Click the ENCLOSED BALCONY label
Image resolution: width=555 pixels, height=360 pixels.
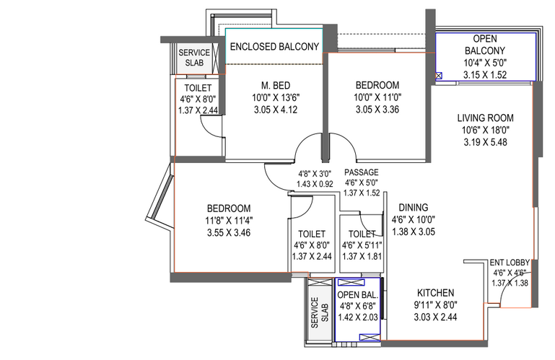pyautogui.click(x=274, y=46)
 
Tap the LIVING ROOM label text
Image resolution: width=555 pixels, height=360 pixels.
pyautogui.click(x=485, y=118)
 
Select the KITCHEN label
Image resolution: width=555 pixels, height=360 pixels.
pyautogui.click(x=435, y=293)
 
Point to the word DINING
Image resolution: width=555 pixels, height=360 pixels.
pyautogui.click(x=414, y=208)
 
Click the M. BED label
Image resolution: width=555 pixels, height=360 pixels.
pyautogui.click(x=276, y=85)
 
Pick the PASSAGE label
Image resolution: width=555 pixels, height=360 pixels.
pyautogui.click(x=362, y=172)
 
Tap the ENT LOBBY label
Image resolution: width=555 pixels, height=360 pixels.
pyautogui.click(x=510, y=263)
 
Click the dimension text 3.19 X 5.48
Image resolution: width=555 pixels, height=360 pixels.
pyautogui.click(x=485, y=142)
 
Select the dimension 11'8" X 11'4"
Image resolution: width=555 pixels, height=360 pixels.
pyautogui.click(x=229, y=221)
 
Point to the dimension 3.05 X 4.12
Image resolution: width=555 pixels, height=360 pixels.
pyautogui.click(x=276, y=110)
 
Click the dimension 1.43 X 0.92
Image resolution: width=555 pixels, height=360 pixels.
pyautogui.click(x=315, y=184)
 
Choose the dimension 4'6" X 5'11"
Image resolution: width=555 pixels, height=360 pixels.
pyautogui.click(x=362, y=245)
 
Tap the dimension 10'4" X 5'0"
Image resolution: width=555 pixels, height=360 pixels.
pyautogui.click(x=485, y=63)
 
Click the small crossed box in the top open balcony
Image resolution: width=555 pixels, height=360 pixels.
pyautogui.click(x=439, y=76)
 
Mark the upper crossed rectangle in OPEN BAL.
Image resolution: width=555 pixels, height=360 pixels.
pyautogui.click(x=351, y=283)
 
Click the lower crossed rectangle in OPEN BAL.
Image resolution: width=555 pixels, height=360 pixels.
pyautogui.click(x=370, y=338)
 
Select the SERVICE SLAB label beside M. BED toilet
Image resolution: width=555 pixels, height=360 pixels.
pyautogui.click(x=194, y=58)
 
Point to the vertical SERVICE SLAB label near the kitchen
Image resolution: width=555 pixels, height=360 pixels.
pyautogui.click(x=319, y=312)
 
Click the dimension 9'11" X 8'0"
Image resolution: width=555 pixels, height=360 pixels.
pyautogui.click(x=435, y=304)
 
